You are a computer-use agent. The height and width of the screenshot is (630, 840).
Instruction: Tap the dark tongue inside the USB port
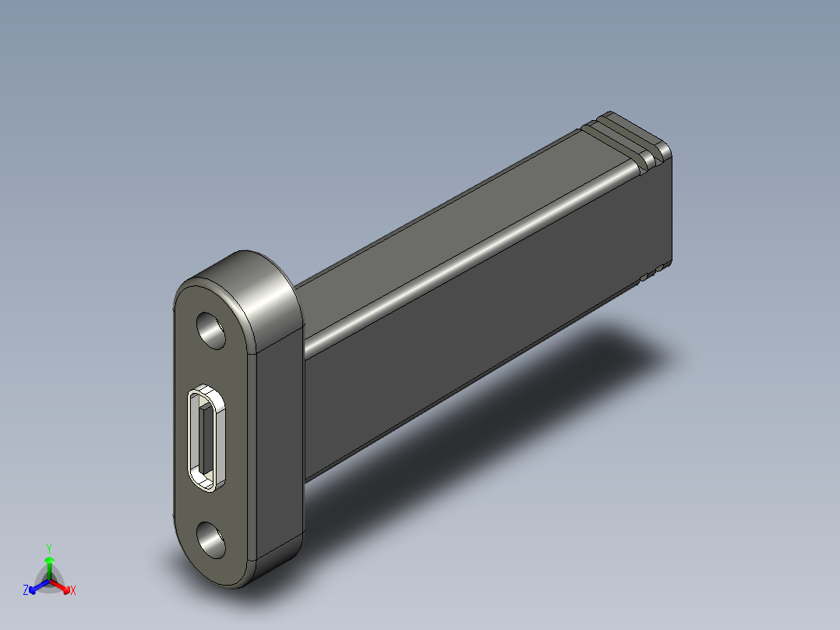pyautogui.click(x=204, y=440)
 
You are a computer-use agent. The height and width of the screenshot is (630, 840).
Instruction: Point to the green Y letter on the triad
pyautogui.click(x=48, y=547)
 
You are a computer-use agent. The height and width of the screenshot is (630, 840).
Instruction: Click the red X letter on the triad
pyautogui.click(x=72, y=591)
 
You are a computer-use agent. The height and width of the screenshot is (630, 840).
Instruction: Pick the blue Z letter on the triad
pyautogui.click(x=26, y=591)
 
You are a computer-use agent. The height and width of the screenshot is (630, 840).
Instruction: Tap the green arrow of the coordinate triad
pyautogui.click(x=48, y=563)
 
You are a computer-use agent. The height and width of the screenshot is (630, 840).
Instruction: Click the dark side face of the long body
pyautogui.click(x=483, y=327)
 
